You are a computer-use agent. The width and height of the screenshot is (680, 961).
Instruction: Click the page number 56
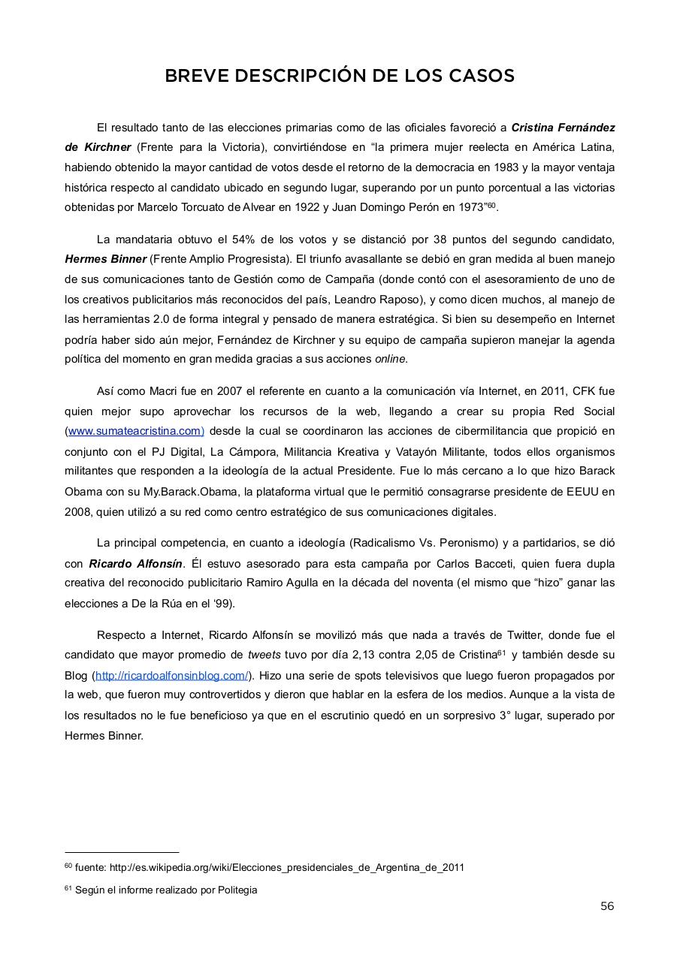(607, 906)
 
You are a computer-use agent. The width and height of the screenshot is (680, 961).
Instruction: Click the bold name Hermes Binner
(105, 259)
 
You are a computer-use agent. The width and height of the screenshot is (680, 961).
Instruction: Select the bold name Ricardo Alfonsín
(135, 563)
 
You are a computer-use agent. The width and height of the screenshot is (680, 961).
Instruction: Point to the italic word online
(390, 359)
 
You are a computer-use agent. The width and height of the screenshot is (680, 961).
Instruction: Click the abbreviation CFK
(584, 390)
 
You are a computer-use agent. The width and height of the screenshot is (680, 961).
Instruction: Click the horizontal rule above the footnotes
(122, 852)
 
